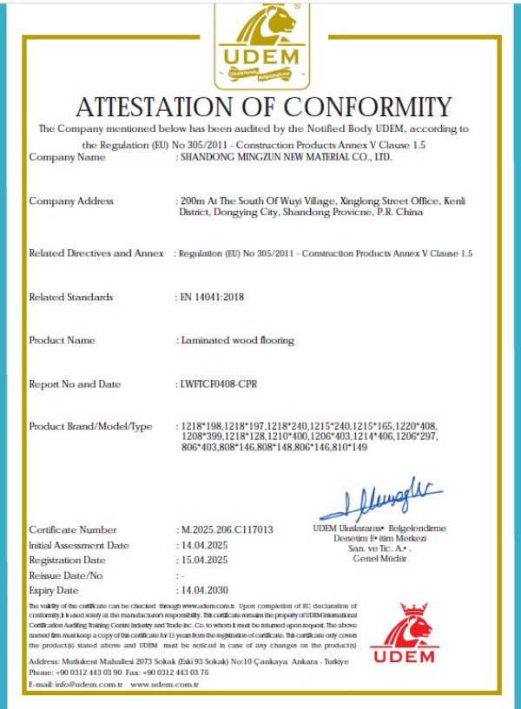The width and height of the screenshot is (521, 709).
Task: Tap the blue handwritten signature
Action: (381, 501)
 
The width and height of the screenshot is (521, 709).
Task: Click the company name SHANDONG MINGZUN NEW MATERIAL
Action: (286, 158)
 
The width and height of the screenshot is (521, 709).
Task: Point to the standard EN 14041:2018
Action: (212, 297)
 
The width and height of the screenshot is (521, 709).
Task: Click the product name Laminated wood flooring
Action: (236, 340)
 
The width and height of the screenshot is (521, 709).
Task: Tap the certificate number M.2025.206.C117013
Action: (227, 529)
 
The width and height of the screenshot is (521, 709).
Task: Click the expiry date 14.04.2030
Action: (202, 590)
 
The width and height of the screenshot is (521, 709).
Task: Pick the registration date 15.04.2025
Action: (202, 561)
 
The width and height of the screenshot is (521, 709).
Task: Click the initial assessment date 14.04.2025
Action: (202, 545)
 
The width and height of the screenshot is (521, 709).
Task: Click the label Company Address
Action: (71, 201)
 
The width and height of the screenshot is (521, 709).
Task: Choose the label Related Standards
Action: (71, 297)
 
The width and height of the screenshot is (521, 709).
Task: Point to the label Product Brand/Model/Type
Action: (90, 426)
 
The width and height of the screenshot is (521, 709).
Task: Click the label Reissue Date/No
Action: (66, 575)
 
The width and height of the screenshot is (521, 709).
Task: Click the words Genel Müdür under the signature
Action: (379, 557)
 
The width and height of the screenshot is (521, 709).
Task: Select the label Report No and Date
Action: (75, 384)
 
